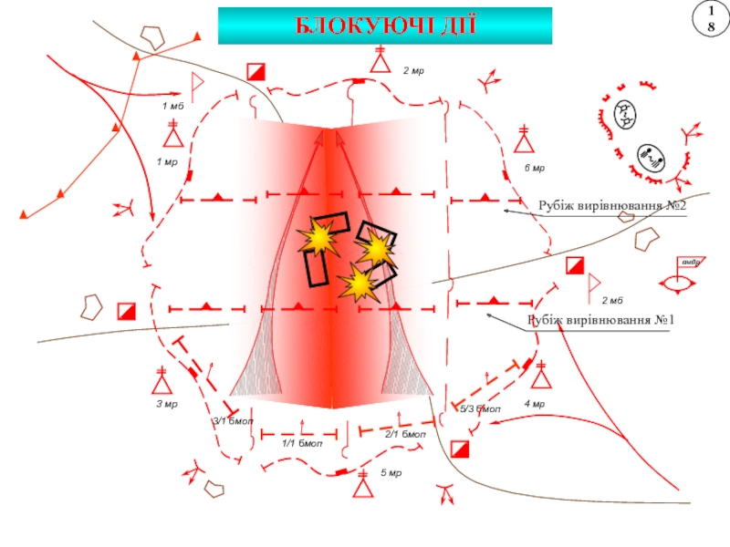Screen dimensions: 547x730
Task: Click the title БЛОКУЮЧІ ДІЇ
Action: [x=384, y=26]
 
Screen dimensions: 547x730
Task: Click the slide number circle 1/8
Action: [x=705, y=19]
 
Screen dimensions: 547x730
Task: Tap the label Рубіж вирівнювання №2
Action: [x=611, y=207]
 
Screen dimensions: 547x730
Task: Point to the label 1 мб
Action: [x=172, y=108]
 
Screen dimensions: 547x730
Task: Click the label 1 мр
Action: [x=166, y=162]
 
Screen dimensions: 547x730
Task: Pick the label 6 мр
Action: [x=534, y=169]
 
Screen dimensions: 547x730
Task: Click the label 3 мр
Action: [x=165, y=404]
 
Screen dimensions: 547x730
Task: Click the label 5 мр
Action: [x=391, y=473]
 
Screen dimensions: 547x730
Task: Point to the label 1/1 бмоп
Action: [x=302, y=443]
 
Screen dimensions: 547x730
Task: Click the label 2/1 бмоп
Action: [x=405, y=435]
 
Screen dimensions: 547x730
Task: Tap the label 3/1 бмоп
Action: [x=233, y=421]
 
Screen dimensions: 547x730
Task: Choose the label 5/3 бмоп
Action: [x=480, y=409]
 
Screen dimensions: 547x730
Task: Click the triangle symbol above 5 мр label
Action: [x=363, y=490]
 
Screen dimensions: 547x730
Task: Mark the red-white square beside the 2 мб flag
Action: [x=574, y=266]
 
